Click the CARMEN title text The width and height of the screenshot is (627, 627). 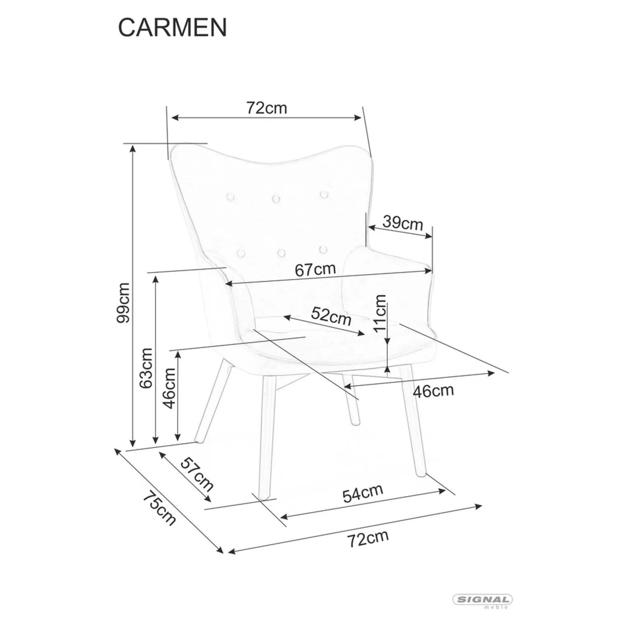point(172,28)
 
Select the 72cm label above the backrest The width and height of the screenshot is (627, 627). point(266,108)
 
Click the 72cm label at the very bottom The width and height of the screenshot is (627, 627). point(368,539)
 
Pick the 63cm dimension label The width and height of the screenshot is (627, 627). point(146,368)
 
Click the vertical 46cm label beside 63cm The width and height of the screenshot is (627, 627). point(169,388)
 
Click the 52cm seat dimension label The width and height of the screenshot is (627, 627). point(331,316)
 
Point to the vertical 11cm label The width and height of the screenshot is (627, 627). point(379,313)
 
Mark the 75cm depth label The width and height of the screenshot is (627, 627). point(159,509)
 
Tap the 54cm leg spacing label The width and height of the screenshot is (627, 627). point(363,493)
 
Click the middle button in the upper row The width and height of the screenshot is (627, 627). point(276,199)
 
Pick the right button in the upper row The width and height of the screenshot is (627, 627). point(324,194)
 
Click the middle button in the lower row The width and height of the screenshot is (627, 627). point(282,252)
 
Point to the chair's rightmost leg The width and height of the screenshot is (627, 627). point(412,420)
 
